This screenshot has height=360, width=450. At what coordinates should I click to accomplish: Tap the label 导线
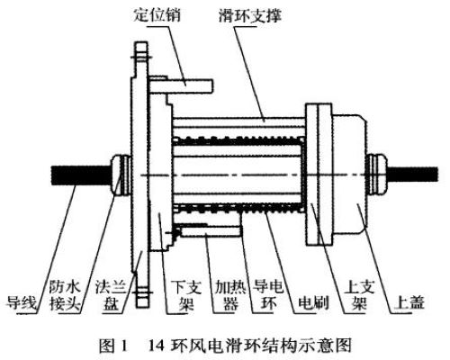22,303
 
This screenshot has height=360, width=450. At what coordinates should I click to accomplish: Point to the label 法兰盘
110,296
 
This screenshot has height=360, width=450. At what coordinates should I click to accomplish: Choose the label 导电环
268,296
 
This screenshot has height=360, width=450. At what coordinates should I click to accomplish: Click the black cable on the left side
82,175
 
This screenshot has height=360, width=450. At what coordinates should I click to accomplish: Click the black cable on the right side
413,174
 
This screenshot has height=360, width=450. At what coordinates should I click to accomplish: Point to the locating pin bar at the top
181,85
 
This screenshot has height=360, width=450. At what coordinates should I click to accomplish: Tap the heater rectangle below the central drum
211,231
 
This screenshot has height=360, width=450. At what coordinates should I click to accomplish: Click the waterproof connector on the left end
121,175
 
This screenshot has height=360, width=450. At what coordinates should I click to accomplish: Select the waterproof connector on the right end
377,174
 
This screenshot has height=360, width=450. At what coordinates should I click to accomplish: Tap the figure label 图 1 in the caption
113,346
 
